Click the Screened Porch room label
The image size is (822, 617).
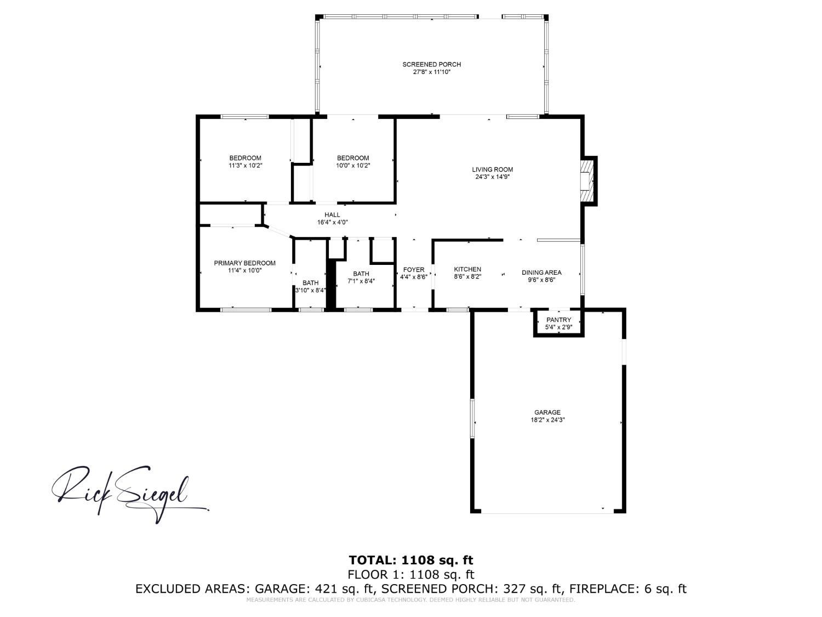(431, 64)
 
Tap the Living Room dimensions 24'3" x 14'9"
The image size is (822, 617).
(492, 177)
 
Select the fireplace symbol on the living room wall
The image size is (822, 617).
(587, 180)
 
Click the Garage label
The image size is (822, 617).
(547, 412)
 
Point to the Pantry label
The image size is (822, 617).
(558, 320)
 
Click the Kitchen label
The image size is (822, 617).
(467, 269)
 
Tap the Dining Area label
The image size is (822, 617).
(541, 273)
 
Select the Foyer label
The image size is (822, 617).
(414, 270)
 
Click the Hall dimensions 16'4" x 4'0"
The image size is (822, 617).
(332, 223)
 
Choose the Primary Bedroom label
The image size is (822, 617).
(244, 263)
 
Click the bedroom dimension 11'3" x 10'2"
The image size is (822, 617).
(245, 166)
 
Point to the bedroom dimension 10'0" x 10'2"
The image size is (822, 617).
(353, 166)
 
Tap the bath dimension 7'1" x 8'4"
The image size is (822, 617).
(361, 281)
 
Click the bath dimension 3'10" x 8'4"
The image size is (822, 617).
(311, 291)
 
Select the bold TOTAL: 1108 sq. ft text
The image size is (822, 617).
(411, 560)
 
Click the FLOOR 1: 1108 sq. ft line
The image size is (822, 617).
(411, 574)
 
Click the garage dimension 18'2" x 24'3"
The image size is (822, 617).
(547, 420)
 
